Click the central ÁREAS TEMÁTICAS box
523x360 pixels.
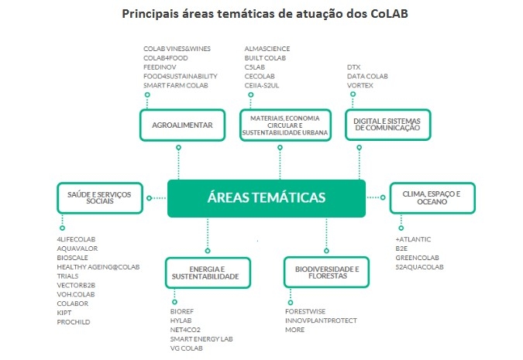[x=267, y=197]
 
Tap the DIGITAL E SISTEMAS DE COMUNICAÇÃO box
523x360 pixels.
[x=386, y=125]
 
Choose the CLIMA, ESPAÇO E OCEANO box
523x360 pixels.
[x=432, y=198]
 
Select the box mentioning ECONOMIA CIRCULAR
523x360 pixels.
[x=282, y=125]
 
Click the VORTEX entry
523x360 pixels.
[x=360, y=85]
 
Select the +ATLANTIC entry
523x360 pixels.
[x=413, y=238]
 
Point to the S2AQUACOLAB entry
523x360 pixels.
[x=419, y=266]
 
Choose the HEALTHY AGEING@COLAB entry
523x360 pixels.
[x=98, y=266]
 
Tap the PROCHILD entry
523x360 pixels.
[x=74, y=321]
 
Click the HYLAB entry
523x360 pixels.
[x=181, y=321]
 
